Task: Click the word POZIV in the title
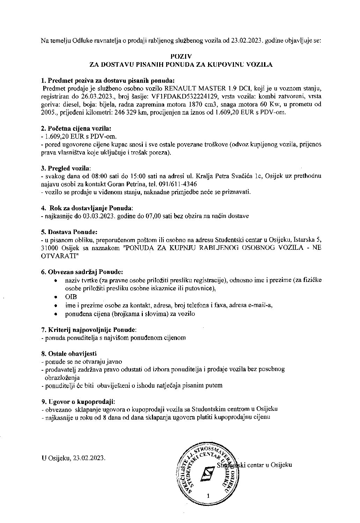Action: (x=181, y=56)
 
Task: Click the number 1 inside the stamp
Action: (x=208, y=495)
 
